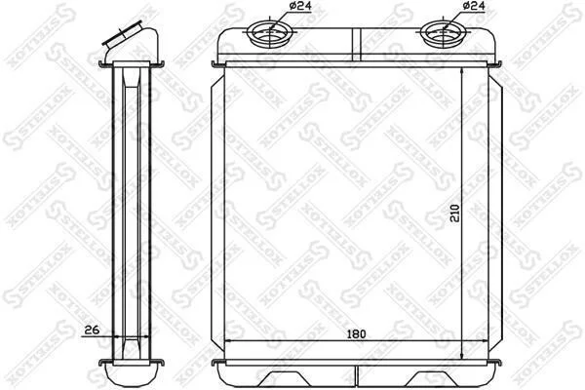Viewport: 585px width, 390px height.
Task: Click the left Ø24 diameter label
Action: click(300, 6)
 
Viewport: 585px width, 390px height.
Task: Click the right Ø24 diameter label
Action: click(474, 6)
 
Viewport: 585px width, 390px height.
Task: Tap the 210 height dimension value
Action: click(455, 213)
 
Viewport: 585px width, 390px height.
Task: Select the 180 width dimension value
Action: click(357, 334)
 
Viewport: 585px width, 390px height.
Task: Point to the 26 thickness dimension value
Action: click(92, 330)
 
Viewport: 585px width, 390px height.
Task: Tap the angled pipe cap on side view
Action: click(123, 33)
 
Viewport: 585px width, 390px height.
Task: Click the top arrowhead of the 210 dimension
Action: click(462, 71)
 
